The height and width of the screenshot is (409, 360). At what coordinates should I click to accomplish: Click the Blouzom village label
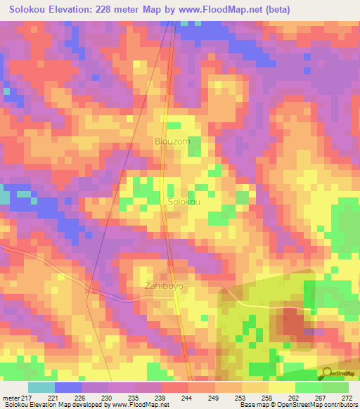(172, 141)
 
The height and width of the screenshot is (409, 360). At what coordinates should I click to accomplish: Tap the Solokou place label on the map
(184, 202)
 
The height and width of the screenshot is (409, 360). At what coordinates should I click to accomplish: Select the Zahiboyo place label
(163, 286)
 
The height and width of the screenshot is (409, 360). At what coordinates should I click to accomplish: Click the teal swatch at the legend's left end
(41, 387)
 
